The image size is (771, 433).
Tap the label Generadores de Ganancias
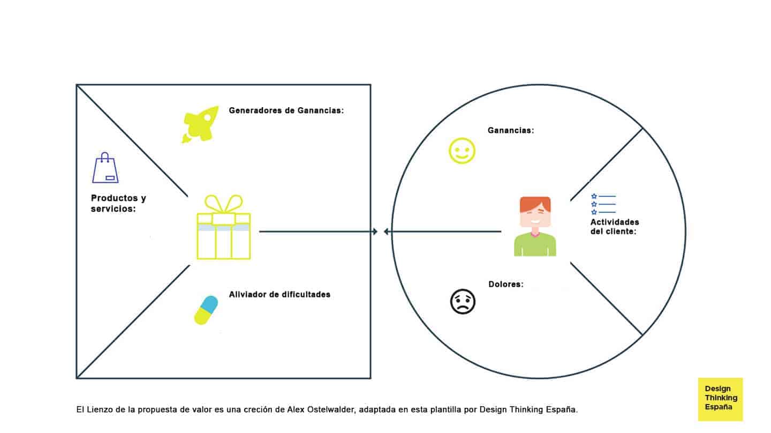[286, 111]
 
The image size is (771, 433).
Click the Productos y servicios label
[118, 203]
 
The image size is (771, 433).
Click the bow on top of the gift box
[224, 204]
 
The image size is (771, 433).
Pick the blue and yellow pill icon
[206, 310]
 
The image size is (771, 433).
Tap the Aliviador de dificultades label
[279, 294]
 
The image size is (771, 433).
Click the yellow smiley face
[462, 151]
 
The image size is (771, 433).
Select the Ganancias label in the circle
[510, 130]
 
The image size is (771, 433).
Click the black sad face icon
[463, 301]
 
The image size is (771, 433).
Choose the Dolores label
[505, 284]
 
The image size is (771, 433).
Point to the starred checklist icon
[603, 204]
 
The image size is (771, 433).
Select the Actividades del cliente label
[614, 227]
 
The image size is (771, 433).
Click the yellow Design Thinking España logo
[720, 399]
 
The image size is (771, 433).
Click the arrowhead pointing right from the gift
[375, 232]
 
